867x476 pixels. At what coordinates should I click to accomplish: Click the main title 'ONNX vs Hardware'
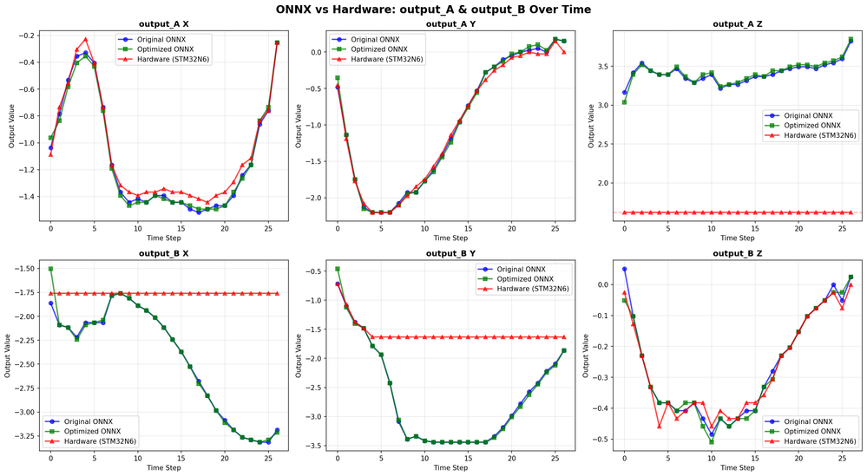pos(433,10)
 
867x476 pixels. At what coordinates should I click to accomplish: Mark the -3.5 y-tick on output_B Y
pos(317,446)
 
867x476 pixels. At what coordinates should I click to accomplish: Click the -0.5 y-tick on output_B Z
pos(603,440)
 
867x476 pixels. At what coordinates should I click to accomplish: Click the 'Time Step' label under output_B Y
pos(450,468)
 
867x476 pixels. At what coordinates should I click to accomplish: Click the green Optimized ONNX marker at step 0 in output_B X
pos(51,269)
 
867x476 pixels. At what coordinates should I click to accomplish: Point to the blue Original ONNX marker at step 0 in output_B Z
pos(624,269)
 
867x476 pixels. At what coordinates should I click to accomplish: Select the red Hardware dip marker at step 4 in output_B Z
pos(660,426)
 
